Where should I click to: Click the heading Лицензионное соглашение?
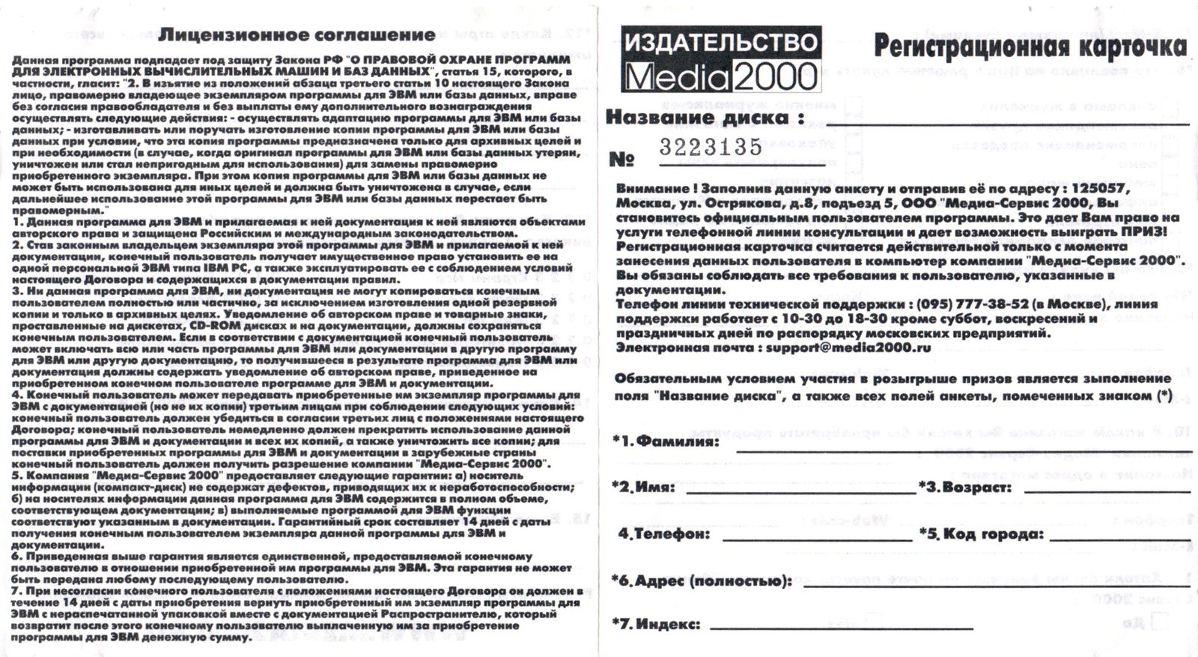297,34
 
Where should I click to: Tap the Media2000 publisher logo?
721,60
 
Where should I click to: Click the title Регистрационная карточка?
1030,46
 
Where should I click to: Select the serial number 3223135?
710,147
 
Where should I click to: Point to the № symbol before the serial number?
621,160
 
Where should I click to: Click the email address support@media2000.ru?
848,348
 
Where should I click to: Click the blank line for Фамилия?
962,450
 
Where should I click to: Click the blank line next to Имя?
801,492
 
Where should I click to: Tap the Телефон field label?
664,534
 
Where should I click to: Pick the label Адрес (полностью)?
703,581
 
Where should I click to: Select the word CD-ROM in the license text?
214,326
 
